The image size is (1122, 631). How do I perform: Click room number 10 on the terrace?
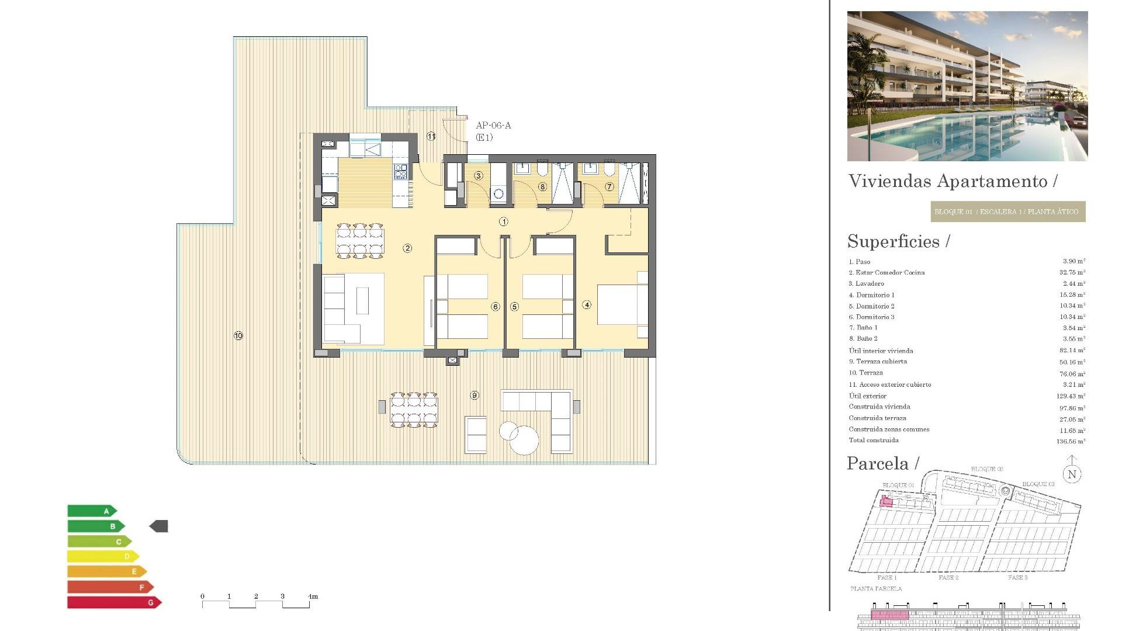(238, 336)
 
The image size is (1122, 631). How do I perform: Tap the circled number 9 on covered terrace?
(475, 396)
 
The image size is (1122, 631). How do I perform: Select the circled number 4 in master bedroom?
(587, 304)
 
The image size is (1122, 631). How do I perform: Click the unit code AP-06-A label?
(493, 126)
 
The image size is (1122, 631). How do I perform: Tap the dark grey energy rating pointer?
(159, 526)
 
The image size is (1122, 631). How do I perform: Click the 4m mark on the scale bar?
(313, 597)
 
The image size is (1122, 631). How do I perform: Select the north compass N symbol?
(1072, 474)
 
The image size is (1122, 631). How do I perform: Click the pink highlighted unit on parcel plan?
(886, 501)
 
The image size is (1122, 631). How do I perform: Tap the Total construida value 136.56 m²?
(1071, 442)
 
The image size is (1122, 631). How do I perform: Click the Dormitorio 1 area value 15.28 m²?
(1072, 295)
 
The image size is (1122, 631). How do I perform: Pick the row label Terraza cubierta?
(878, 362)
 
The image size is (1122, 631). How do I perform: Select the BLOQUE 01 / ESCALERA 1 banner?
(1007, 212)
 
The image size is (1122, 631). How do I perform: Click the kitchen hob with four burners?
(400, 172)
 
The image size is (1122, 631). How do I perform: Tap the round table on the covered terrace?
(524, 440)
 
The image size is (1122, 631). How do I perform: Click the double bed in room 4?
(622, 304)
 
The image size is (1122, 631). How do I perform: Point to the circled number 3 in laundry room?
(479, 176)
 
